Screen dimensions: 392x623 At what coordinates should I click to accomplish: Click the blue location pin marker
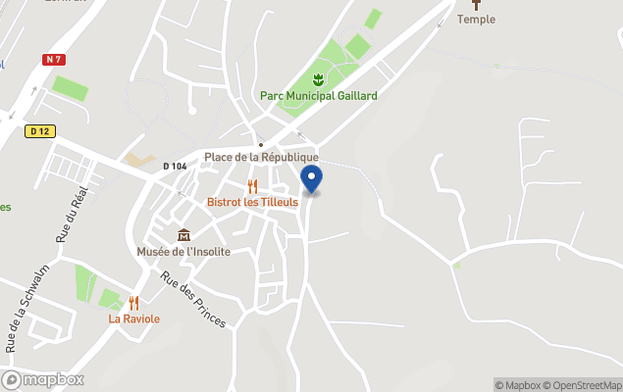[x=311, y=179]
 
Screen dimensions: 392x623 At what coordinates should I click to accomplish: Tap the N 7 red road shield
[x=54, y=60]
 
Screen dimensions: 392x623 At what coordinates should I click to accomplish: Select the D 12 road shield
[x=39, y=130]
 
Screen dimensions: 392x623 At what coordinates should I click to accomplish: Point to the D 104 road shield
[x=175, y=167]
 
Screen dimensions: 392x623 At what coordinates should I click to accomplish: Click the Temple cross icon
[x=477, y=4]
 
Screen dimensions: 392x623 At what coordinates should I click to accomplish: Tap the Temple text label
[x=477, y=20]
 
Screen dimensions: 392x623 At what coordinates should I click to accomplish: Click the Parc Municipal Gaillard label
[x=318, y=96]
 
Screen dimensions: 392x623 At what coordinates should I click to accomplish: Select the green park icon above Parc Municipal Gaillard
[x=318, y=79]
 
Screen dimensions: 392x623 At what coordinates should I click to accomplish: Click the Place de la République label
[x=261, y=158]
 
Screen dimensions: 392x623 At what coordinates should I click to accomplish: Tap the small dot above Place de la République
[x=261, y=144]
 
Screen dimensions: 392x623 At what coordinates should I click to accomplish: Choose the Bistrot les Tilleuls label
[x=252, y=202]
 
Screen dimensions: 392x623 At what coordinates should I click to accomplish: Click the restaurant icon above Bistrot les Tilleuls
[x=252, y=186]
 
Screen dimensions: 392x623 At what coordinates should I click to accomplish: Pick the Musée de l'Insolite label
[x=183, y=251]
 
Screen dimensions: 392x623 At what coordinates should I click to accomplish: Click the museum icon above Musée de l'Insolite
[x=183, y=235]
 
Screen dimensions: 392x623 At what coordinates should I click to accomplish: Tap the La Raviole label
[x=134, y=318]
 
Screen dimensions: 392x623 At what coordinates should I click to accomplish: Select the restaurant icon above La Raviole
[x=134, y=303]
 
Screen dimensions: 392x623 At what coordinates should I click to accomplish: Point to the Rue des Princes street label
[x=193, y=299]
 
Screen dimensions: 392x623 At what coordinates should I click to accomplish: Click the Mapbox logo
[x=43, y=379]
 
